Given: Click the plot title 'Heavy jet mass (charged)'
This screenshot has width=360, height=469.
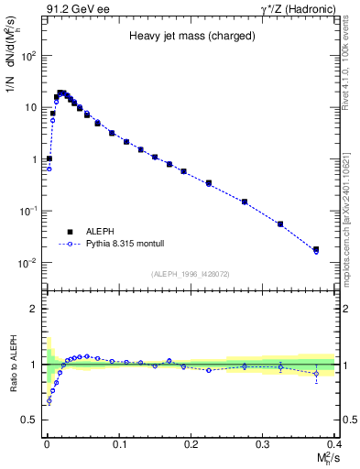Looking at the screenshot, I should pos(187,36).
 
